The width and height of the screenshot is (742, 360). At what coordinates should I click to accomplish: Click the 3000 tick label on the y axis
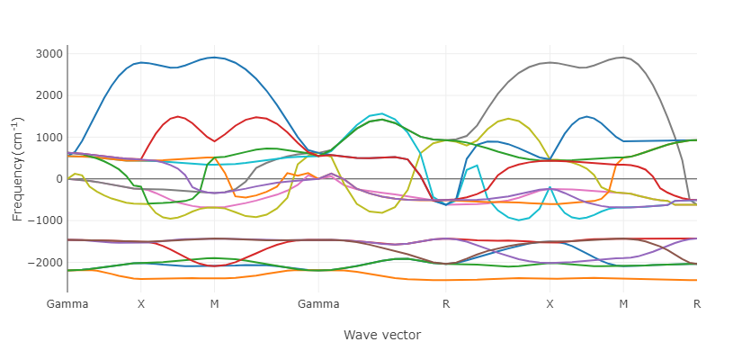point(49,53)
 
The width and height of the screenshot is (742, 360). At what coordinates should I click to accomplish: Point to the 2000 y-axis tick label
point(49,95)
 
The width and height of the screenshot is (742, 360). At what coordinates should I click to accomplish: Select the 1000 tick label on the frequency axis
point(49,138)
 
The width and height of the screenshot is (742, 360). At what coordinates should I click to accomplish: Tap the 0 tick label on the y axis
point(59,179)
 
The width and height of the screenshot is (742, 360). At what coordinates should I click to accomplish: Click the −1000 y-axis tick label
point(46,220)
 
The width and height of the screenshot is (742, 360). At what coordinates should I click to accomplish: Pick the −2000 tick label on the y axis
point(46,263)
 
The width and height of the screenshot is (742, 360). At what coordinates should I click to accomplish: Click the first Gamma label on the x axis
point(67,304)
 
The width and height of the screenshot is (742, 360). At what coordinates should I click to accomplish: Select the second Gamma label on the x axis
point(318,304)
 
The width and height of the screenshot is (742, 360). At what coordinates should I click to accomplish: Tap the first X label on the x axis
point(141,304)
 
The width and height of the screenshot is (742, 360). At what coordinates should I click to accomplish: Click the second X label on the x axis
point(550,304)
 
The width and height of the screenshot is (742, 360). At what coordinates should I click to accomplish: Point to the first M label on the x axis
point(214,304)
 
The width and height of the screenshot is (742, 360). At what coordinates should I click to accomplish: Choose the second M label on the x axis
point(623,304)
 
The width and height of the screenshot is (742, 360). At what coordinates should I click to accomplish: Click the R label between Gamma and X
point(446,304)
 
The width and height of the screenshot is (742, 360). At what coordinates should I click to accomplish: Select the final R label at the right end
point(696,304)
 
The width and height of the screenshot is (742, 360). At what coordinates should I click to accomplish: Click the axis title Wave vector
point(382,336)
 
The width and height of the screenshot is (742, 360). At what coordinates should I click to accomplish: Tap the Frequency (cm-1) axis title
point(17,170)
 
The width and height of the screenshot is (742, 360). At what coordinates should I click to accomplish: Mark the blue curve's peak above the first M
point(214,58)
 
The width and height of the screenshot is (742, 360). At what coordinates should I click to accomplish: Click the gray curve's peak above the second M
point(623,58)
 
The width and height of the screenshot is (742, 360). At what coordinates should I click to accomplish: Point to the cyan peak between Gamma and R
point(382,113)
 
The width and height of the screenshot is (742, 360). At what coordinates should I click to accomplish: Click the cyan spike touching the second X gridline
point(550,187)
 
